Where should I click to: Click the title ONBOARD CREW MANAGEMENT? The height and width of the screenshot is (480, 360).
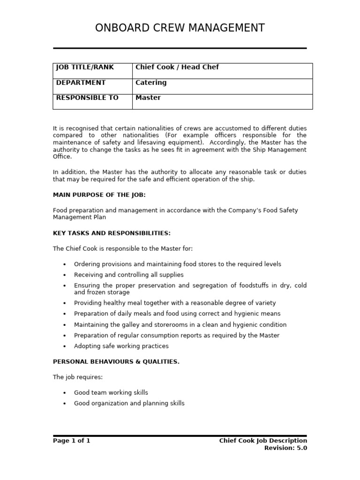pos(180,28)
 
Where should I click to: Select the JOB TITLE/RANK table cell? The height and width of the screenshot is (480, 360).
pos(84,67)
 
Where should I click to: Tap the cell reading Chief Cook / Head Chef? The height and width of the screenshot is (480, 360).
pos(177,67)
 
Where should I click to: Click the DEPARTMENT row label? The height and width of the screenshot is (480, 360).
pos(81,82)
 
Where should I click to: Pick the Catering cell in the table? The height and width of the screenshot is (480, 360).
pos(150,82)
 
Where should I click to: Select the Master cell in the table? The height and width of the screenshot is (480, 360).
pos(148,97)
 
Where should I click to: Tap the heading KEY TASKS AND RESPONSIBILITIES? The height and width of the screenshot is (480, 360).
pos(112,233)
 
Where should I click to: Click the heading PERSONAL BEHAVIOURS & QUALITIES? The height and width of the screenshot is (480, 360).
pos(116,361)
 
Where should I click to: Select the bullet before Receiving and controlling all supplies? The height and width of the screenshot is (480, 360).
pos(65,275)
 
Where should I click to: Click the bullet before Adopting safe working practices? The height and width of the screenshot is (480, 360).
pos(65,346)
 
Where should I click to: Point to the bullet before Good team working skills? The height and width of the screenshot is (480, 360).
pos(65,393)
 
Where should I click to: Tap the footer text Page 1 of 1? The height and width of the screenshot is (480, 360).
pos(71,441)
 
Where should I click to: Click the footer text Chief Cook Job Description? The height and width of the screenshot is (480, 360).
pos(263,441)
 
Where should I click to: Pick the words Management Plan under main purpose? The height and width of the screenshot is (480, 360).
pos(79,217)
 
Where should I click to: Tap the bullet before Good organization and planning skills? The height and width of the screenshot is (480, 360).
pos(65,404)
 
